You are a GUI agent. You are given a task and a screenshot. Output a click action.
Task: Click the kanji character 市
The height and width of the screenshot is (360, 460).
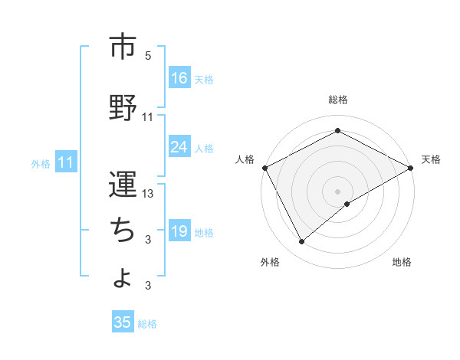pyautogui.click(x=123, y=47)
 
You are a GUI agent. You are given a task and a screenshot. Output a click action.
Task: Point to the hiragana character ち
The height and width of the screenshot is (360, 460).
pyautogui.click(x=123, y=228)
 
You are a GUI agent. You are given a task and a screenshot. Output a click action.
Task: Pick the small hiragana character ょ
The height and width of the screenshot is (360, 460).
pyautogui.click(x=123, y=277)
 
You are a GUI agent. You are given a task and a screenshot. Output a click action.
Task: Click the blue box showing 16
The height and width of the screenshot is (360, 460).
pyautogui.click(x=179, y=78)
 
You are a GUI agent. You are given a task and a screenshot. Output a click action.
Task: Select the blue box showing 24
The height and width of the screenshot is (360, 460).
pyautogui.click(x=179, y=147)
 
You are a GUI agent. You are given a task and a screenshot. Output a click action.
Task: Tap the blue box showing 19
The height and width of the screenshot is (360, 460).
pyautogui.click(x=179, y=231)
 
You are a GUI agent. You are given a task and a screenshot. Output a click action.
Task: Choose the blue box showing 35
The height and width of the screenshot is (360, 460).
pyautogui.click(x=123, y=322)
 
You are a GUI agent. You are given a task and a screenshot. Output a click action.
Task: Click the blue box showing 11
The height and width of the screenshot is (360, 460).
pyautogui.click(x=66, y=162)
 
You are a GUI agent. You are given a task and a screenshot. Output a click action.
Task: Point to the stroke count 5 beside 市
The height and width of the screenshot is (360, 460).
pyautogui.click(x=148, y=56)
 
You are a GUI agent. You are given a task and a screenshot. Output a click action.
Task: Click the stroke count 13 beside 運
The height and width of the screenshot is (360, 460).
pyautogui.click(x=148, y=194)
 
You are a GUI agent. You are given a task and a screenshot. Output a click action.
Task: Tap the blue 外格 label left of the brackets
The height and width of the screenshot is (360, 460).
pyautogui.click(x=41, y=163)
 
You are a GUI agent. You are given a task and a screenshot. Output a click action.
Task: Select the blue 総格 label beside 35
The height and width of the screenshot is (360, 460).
pyautogui.click(x=147, y=324)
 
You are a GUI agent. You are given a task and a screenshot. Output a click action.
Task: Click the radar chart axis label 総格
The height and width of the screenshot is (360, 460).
pyautogui.click(x=338, y=100)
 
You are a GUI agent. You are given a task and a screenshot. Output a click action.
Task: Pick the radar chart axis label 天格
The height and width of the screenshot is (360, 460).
pyautogui.click(x=431, y=159)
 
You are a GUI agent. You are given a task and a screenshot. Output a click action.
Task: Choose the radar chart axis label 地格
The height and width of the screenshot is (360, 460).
pyautogui.click(x=402, y=262)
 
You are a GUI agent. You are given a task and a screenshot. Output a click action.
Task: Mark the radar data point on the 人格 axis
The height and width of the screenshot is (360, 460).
pyautogui.click(x=264, y=167)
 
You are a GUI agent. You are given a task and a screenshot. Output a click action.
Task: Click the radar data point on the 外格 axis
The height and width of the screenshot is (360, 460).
pyautogui.click(x=301, y=241)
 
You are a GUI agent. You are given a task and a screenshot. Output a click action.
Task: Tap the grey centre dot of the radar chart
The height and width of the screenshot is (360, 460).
pyautogui.click(x=338, y=191)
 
